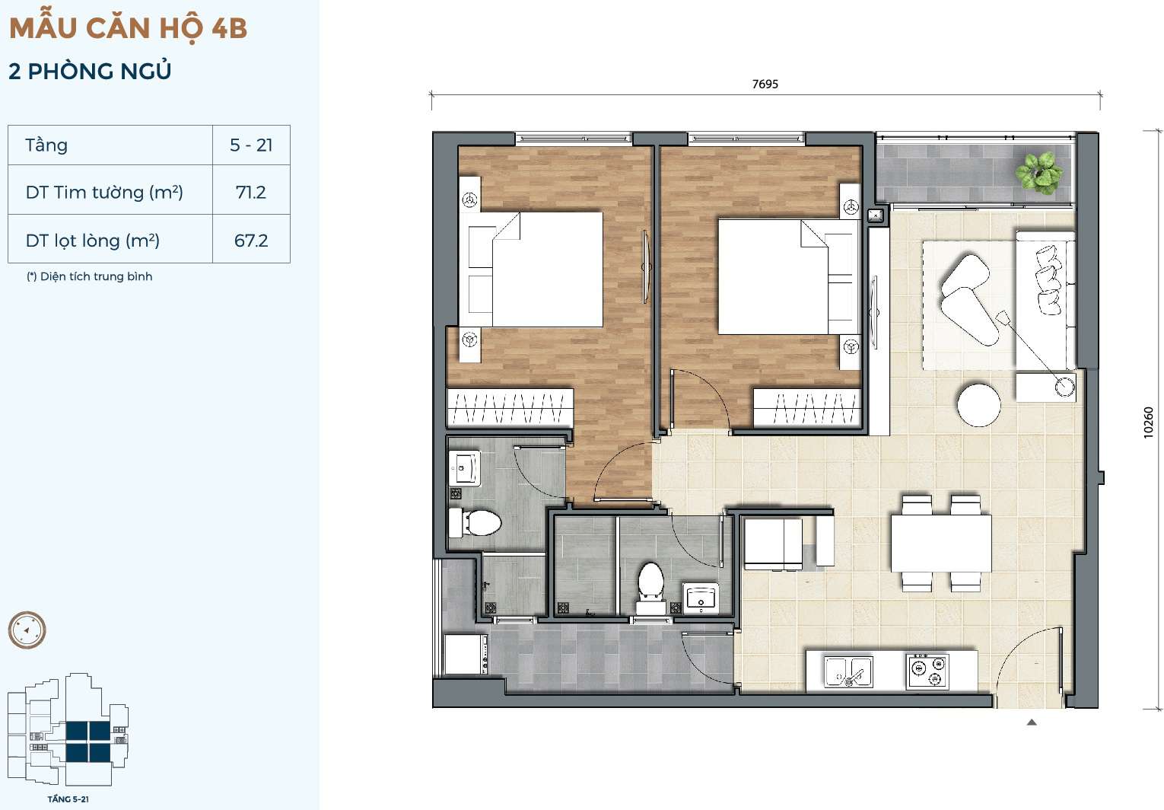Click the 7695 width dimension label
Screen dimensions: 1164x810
click(x=765, y=84)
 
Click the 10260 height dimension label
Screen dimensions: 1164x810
click(x=1148, y=423)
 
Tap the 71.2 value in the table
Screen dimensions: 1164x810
click(x=250, y=193)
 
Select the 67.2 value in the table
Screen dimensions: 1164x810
click(x=251, y=241)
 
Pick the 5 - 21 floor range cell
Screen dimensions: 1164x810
click(x=251, y=145)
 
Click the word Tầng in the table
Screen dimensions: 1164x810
click(x=46, y=145)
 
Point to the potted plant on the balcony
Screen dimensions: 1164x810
click(x=1038, y=171)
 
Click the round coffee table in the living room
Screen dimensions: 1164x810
click(x=978, y=405)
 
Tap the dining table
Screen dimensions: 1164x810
click(x=941, y=543)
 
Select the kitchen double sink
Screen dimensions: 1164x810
click(x=848, y=671)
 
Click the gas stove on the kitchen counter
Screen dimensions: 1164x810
click(x=927, y=671)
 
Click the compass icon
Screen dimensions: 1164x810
click(x=27, y=630)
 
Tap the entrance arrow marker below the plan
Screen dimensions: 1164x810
click(x=1032, y=722)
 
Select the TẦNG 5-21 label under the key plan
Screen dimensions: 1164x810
click(x=68, y=799)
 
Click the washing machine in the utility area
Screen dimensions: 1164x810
click(x=465, y=654)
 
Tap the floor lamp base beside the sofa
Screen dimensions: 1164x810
click(x=1065, y=387)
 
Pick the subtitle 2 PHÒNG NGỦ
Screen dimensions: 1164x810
click(x=90, y=72)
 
